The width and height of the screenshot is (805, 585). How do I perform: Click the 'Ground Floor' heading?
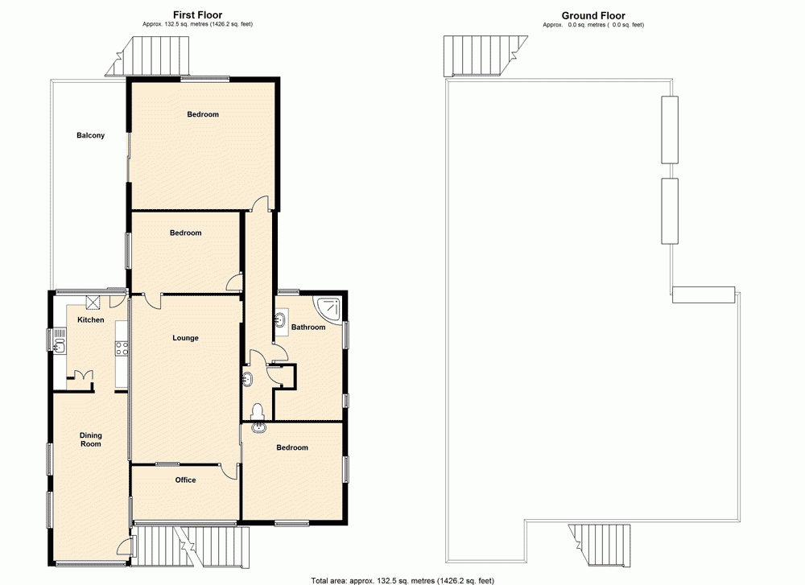[593, 15]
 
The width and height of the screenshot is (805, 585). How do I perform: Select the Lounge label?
[185, 338]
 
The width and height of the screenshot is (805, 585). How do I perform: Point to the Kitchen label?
[90, 320]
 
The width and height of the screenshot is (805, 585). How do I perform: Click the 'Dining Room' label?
[90, 439]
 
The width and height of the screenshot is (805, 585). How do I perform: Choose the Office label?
[185, 480]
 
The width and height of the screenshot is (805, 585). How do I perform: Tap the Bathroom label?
[308, 328]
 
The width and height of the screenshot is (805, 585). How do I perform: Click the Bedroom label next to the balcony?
[203, 114]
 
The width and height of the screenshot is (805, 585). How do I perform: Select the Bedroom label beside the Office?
[292, 447]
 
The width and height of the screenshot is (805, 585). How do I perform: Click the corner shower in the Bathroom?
[331, 307]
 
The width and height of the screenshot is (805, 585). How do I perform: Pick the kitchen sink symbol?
[60, 346]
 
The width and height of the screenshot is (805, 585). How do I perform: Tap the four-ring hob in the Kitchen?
[122, 348]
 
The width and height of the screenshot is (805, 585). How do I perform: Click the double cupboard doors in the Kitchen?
[82, 376]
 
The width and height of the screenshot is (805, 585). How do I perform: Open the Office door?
[230, 472]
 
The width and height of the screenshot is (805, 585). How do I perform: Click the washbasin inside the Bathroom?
[281, 321]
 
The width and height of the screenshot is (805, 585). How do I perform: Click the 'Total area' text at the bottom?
[402, 579]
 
